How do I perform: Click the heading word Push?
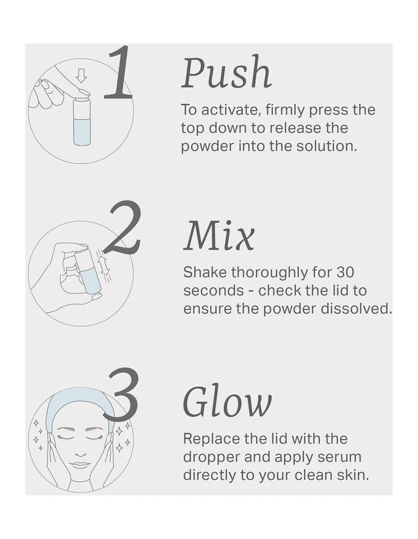click(226, 74)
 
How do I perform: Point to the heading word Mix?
click(219, 237)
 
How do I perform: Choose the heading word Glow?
click(227, 403)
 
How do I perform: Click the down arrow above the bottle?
click(82, 76)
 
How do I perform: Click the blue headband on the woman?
click(81, 401)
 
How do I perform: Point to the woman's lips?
click(81, 465)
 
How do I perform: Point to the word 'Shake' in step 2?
click(205, 272)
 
